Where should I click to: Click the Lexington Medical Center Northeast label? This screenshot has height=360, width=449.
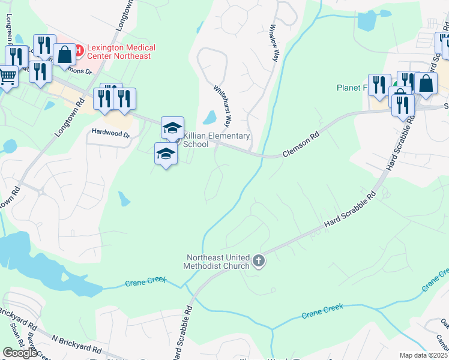121,52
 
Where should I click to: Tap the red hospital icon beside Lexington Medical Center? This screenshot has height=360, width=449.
79,47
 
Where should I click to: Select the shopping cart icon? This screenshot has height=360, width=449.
7,76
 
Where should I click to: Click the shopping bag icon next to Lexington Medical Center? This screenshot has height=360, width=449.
64,54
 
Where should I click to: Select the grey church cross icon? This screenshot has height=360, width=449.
259,260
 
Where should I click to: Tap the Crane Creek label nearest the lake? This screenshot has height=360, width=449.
145,281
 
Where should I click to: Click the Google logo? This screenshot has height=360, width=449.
20,353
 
